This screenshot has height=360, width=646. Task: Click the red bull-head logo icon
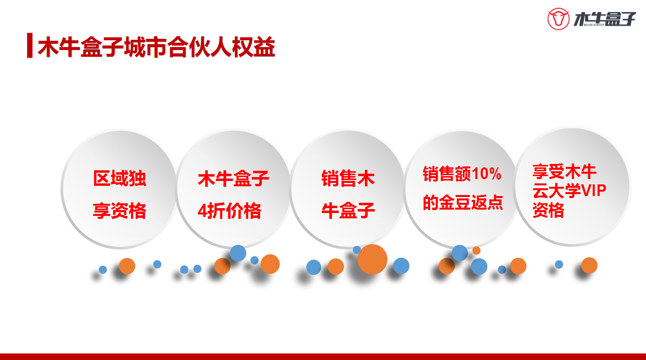558,19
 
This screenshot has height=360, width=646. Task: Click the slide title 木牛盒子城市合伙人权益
156,47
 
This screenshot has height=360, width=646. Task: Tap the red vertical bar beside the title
30,46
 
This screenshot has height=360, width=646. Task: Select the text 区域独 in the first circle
119,178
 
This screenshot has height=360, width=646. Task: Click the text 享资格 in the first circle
119,211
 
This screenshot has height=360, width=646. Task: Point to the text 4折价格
229,211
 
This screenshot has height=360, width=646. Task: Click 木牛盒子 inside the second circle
233,178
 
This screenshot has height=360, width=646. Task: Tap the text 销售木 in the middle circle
348,178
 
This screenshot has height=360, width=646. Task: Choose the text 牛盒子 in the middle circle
348,210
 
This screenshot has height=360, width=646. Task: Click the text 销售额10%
462,174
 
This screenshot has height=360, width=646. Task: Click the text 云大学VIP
569,191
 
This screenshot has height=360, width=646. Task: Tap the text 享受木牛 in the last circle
564,171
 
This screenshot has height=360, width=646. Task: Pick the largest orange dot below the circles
372,259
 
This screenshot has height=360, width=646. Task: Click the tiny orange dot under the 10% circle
476,250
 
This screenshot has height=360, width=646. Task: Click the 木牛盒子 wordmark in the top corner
604,19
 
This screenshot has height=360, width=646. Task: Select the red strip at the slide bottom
323,357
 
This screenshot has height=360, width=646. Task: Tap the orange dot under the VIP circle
589,265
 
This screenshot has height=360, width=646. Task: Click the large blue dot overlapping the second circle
238,253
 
